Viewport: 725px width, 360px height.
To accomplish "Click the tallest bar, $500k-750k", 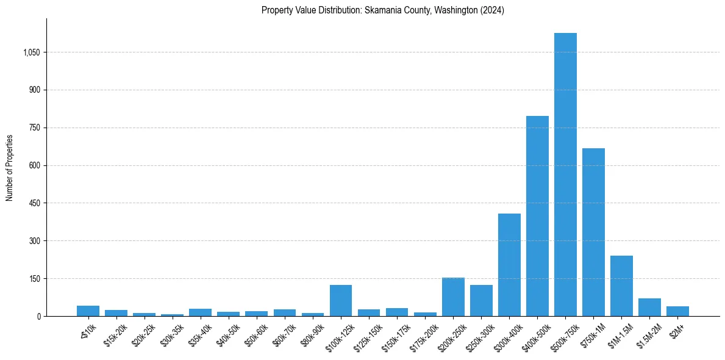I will (x=565, y=175).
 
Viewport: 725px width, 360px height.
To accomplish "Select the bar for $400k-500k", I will (x=537, y=216).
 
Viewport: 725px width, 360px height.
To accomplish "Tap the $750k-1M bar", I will (x=593, y=232).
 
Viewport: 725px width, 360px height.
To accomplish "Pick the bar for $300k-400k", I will (x=509, y=265).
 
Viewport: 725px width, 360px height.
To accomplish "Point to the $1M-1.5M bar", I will (x=621, y=286).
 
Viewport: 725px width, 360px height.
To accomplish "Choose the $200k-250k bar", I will (x=453, y=297).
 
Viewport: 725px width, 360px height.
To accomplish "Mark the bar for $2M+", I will (x=677, y=311).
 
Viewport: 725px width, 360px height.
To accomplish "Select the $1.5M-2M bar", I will (x=649, y=307).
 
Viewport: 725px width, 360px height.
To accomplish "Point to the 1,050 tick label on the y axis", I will (x=31, y=52).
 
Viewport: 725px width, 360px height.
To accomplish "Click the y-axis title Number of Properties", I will (x=10, y=168).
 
